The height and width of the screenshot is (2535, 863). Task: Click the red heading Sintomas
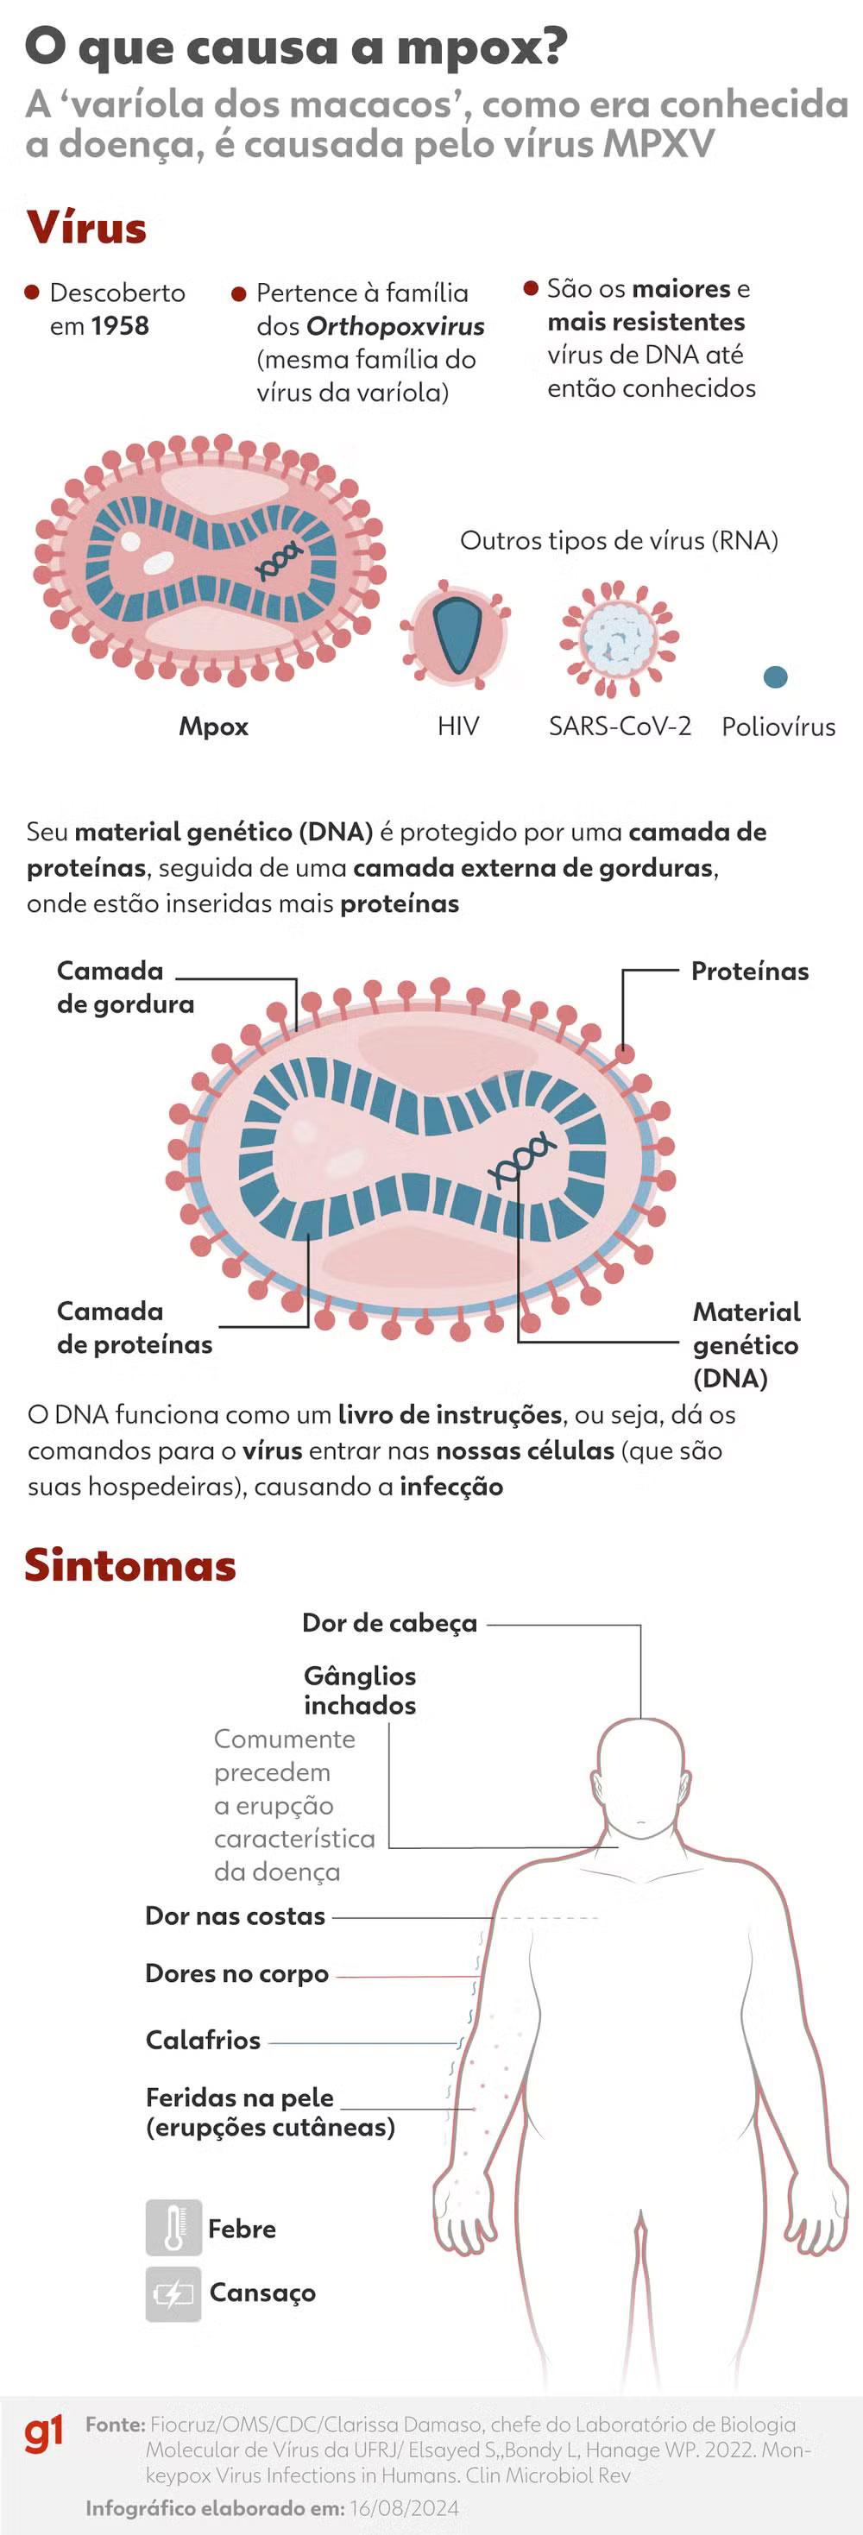coord(130,1564)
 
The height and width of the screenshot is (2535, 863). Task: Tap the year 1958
coord(120,326)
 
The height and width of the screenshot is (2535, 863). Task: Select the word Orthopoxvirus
coord(395,326)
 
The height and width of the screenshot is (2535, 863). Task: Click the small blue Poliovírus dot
coord(776,676)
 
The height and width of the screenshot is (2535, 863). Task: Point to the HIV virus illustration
coord(456,635)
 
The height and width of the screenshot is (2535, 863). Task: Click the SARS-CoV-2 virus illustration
coord(619,637)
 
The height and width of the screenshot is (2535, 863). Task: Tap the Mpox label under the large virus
coord(213,727)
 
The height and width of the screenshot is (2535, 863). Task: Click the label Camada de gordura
coord(125,987)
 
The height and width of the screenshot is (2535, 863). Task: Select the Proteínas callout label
coord(750,972)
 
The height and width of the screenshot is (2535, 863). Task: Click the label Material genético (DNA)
coord(746,1344)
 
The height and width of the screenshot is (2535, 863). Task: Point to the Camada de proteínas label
coord(134,1328)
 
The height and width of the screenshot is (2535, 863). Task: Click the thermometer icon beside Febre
coord(173,2228)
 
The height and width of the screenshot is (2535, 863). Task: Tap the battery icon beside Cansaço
coord(173,2294)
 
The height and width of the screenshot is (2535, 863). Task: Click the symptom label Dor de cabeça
coord(390,1623)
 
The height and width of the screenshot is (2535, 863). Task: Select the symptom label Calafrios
coord(203,2040)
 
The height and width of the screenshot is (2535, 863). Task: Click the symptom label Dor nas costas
coord(236,1916)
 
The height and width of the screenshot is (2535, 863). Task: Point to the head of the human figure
coord(641,1777)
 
